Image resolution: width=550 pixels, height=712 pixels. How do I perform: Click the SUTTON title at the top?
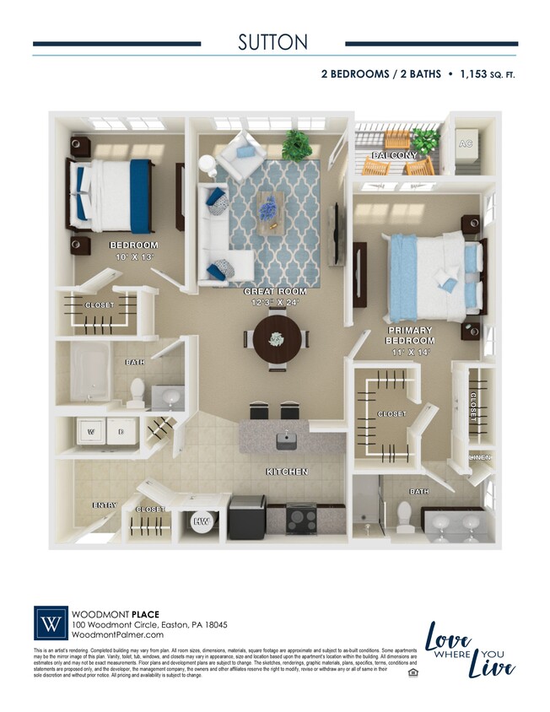click(274, 42)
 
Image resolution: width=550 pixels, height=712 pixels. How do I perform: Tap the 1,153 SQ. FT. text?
click(488, 74)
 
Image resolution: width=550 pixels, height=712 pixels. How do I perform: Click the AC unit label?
click(465, 144)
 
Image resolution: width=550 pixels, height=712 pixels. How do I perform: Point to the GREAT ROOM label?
click(275, 291)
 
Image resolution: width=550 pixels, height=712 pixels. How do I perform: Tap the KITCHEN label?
click(287, 472)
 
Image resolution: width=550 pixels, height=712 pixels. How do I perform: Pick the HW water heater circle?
click(202, 522)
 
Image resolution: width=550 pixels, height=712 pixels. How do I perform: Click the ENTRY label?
click(105, 505)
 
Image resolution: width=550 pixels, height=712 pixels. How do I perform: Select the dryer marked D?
click(121, 432)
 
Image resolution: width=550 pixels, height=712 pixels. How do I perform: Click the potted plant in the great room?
click(296, 143)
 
